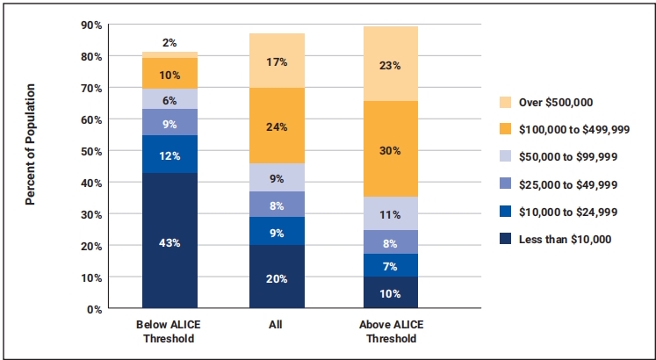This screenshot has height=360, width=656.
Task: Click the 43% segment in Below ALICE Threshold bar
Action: coord(169,241)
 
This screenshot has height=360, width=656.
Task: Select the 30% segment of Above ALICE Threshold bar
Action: coord(391,149)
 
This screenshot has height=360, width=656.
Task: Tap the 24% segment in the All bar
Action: coord(277,125)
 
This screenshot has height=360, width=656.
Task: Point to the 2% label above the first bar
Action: coord(169,42)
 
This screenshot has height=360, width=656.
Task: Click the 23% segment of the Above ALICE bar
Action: coord(391,64)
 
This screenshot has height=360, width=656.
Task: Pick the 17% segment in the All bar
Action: coord(277,61)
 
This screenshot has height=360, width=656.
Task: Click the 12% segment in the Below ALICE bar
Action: coord(169,155)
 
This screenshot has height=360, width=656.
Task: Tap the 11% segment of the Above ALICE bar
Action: coord(391,213)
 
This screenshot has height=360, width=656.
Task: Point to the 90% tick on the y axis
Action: coord(91,25)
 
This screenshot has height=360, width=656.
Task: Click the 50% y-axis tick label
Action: coord(91,151)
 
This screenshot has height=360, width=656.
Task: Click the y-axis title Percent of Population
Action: coord(30,145)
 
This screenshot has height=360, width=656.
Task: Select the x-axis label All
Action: coord(277,323)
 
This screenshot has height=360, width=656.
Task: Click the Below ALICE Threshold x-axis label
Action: coord(169,329)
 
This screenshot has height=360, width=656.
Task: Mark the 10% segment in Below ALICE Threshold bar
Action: coord(169,74)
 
